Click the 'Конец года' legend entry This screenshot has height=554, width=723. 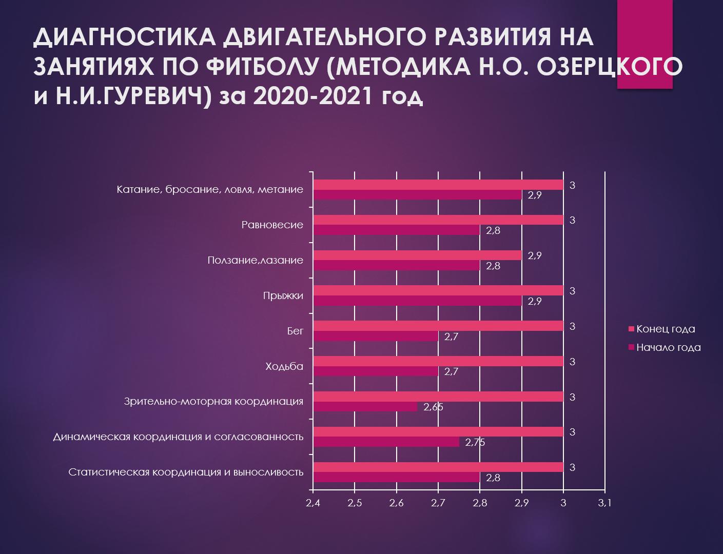point(666,329)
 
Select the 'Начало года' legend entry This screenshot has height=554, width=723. point(668,347)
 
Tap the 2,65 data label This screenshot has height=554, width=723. point(433,407)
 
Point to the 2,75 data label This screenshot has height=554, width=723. point(475,443)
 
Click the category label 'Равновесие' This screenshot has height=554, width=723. point(272,225)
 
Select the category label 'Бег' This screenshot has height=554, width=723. point(295,331)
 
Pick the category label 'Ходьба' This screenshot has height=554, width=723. point(284,366)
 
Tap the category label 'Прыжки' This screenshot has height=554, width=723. point(283,295)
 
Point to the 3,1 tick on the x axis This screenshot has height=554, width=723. point(605,503)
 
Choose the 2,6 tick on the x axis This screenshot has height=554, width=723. point(396,503)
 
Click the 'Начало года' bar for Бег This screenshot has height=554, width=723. point(376,337)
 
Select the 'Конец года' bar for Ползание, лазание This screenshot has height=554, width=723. point(417,255)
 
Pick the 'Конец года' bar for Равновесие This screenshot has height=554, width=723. point(438,220)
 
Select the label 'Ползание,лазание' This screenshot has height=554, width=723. point(255,260)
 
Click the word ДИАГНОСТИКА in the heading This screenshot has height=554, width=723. point(126,38)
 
